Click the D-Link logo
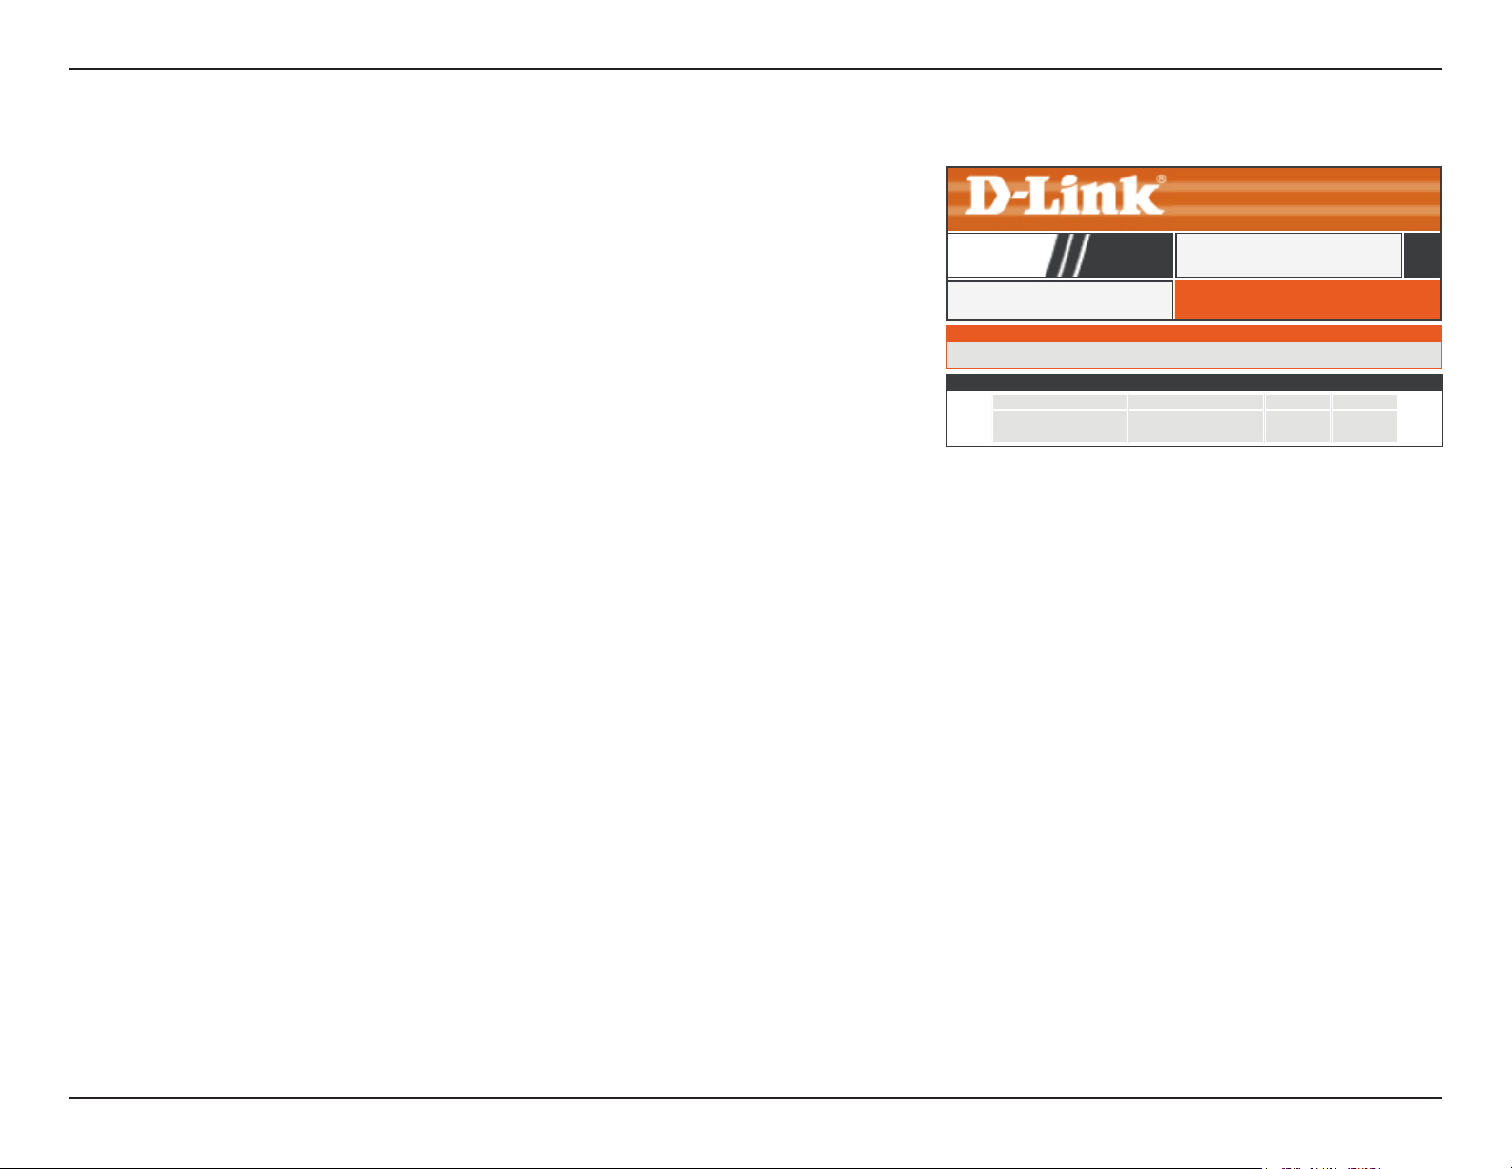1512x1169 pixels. pyautogui.click(x=1065, y=195)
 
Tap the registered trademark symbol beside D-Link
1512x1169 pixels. pyautogui.click(x=1161, y=178)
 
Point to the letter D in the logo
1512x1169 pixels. pyautogui.click(x=986, y=195)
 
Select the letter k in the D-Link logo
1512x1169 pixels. pyautogui.click(x=1143, y=195)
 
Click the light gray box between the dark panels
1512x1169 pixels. pyautogui.click(x=1289, y=255)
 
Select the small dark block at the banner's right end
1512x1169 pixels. pyautogui.click(x=1422, y=255)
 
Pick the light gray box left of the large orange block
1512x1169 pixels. pyautogui.click(x=1061, y=300)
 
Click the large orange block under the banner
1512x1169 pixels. pyautogui.click(x=1308, y=300)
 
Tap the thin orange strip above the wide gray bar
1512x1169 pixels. pyautogui.click(x=1194, y=333)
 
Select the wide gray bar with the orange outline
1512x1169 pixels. pyautogui.click(x=1194, y=355)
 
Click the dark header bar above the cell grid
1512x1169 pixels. pyautogui.click(x=1194, y=383)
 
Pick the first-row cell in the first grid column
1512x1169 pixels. pyautogui.click(x=1060, y=402)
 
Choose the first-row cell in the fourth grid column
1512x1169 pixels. pyautogui.click(x=1364, y=402)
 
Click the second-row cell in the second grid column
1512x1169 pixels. pyautogui.click(x=1196, y=426)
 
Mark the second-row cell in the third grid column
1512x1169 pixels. pyautogui.click(x=1297, y=426)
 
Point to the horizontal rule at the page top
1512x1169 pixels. pyautogui.click(x=755, y=69)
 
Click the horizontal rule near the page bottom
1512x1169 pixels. pyautogui.click(x=755, y=1098)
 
